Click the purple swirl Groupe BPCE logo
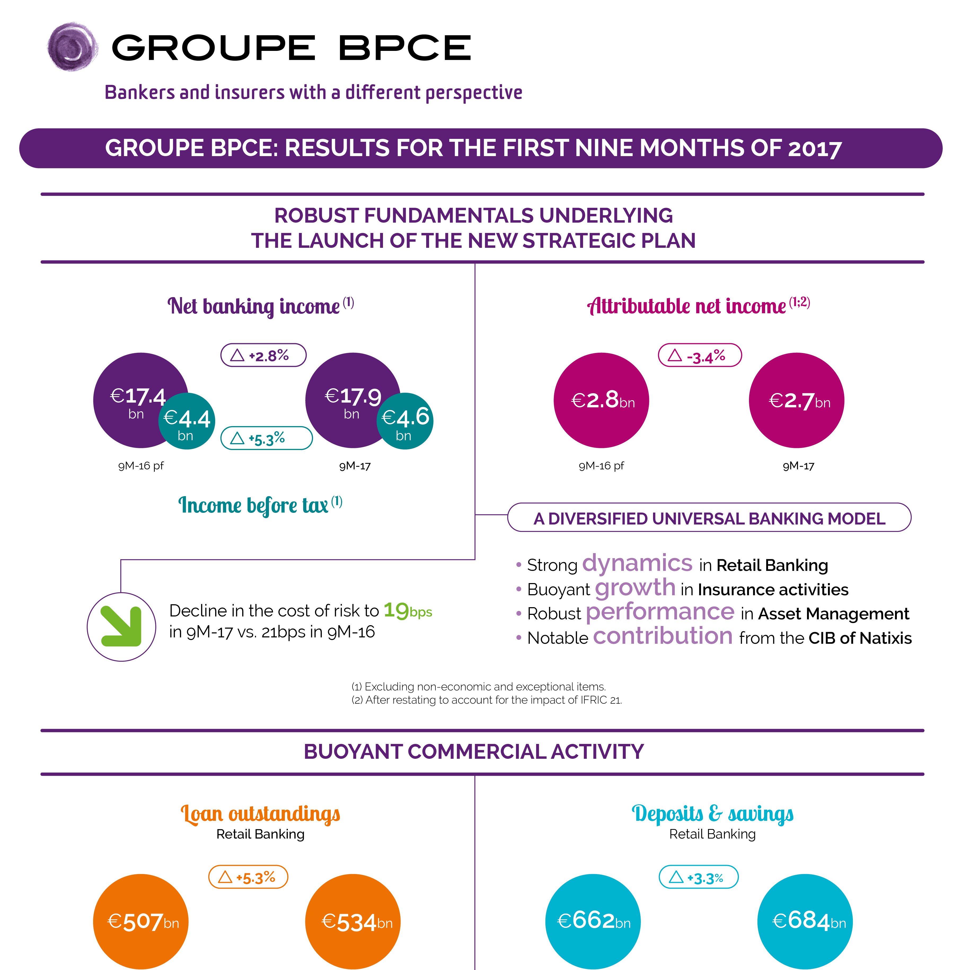[72, 47]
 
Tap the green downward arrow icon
[121, 627]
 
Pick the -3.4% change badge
[699, 355]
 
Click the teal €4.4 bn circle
[187, 421]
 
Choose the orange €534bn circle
[353, 921]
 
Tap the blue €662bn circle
[593, 921]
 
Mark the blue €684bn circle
[805, 921]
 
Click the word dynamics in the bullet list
[637, 563]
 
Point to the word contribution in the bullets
[663, 636]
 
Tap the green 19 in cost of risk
[396, 610]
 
